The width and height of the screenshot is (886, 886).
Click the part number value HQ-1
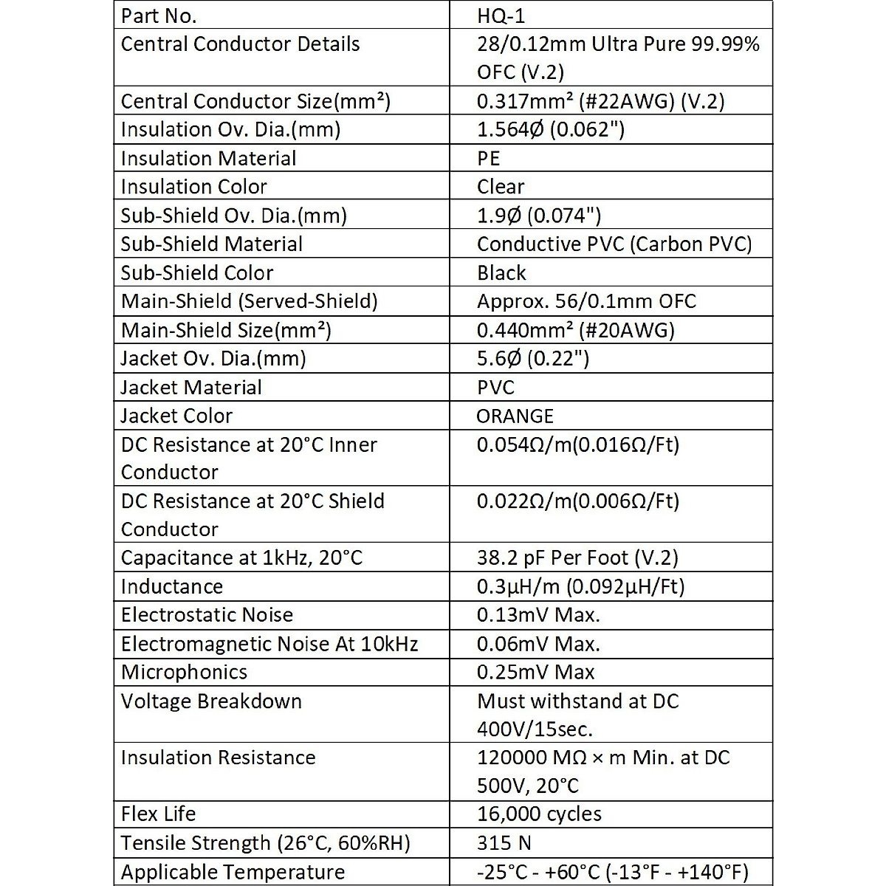point(501,16)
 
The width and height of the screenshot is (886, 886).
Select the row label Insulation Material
point(208,158)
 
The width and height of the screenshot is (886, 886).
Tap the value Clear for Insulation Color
point(501,187)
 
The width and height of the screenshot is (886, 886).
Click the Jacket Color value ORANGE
point(515,416)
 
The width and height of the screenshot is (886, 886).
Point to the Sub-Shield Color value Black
point(501,272)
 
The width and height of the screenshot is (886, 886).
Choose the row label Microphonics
point(184,672)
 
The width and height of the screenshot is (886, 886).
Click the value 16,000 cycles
point(539,814)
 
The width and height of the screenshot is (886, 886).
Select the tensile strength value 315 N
point(504,842)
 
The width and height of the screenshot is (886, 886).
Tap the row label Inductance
point(171,586)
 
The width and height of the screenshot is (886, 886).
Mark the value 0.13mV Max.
point(538,614)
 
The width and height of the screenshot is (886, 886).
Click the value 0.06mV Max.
point(538,644)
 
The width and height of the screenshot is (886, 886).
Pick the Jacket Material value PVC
point(495,387)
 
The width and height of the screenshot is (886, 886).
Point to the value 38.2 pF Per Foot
point(577,557)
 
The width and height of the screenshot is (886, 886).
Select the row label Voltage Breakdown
point(211,701)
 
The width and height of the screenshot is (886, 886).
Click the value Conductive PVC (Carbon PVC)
point(614,244)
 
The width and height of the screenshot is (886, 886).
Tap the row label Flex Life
point(158,814)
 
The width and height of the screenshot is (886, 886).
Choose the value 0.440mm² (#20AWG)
point(576,330)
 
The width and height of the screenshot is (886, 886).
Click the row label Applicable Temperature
point(233,872)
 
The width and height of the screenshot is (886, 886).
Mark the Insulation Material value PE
point(488,158)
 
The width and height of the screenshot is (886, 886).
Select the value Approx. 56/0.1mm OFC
point(586,301)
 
